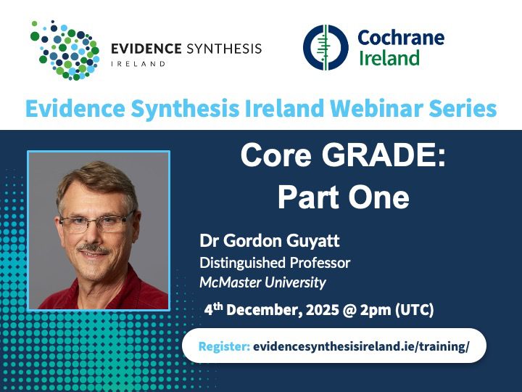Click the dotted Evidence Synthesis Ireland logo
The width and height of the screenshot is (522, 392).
coord(65,50)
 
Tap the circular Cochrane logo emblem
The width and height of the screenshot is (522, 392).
coord(326,47)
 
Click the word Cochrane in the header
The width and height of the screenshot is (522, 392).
coord(401,38)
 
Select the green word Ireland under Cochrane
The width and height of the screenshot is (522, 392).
coord(389,57)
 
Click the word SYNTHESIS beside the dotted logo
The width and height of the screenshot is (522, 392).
coord(224,49)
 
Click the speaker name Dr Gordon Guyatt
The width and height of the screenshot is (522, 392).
coord(270,241)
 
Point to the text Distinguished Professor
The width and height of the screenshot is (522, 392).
coord(275,263)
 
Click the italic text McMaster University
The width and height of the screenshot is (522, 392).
coord(262,282)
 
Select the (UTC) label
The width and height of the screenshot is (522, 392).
coord(415,310)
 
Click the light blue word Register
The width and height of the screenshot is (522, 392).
coord(224,346)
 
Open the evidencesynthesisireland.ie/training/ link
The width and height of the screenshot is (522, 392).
coord(361,346)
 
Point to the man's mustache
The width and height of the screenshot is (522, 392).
coord(94,248)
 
